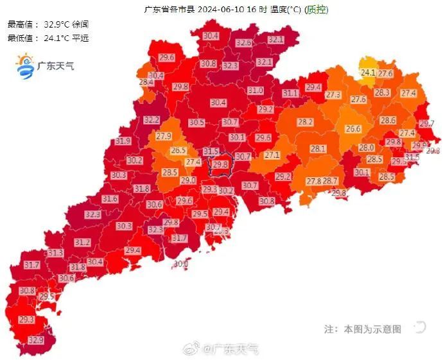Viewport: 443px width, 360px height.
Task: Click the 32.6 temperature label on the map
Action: [243, 43]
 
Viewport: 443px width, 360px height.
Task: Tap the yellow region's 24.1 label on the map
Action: [368, 73]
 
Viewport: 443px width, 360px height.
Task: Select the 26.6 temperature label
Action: [353, 129]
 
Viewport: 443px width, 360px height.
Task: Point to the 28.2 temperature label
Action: [305, 122]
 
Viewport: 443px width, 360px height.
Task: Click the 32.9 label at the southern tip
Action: [36, 340]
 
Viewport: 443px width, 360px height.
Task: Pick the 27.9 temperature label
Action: [164, 136]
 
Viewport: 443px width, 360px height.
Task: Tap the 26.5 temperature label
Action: [178, 151]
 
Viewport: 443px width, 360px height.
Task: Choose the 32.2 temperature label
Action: [152, 120]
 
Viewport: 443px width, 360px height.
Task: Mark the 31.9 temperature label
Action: [123, 141]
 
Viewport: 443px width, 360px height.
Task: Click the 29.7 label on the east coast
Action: [426, 123]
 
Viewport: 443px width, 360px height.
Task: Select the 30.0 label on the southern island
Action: [181, 264]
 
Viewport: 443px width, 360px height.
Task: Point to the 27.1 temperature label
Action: [272, 155]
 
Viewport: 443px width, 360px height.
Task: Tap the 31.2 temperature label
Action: [82, 243]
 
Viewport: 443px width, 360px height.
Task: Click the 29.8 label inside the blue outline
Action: [220, 164]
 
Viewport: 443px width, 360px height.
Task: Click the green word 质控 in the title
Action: [316, 10]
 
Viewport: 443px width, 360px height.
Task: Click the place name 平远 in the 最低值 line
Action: [81, 38]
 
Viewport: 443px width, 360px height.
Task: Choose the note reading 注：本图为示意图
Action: [363, 329]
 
